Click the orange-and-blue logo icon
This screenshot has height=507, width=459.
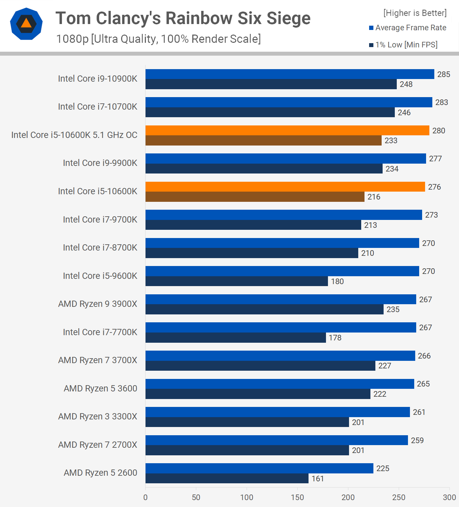[26, 24]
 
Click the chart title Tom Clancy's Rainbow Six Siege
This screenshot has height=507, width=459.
[183, 18]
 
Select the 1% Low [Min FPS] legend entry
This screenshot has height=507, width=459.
[403, 45]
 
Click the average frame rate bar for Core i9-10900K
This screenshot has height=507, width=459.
[290, 74]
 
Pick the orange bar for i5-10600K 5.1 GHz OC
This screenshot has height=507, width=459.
[287, 130]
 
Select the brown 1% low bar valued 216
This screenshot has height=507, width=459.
[255, 197]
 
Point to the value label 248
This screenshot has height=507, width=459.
[406, 84]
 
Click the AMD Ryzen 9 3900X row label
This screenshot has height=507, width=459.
[97, 304]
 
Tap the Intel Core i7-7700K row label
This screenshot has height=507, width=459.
[100, 332]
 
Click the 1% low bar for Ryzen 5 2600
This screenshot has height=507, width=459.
[227, 478]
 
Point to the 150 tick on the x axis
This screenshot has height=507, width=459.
[297, 497]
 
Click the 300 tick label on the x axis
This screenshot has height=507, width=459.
[449, 497]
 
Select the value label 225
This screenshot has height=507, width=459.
[383, 468]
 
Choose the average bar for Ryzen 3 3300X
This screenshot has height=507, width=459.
[278, 412]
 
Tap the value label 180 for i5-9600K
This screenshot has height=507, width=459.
[337, 281]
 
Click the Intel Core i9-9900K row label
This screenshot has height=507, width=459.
[100, 163]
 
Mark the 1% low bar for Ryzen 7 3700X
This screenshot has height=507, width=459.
[260, 366]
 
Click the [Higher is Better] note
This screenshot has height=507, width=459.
[415, 13]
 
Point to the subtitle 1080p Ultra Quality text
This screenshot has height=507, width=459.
[158, 39]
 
